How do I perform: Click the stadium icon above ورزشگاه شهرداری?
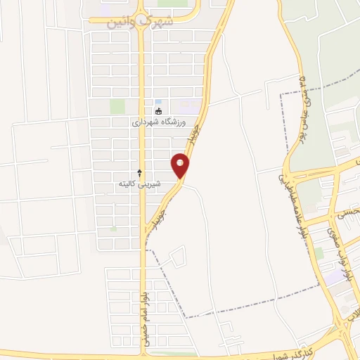159,110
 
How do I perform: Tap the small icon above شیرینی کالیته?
139,172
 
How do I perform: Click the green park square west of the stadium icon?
117,106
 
